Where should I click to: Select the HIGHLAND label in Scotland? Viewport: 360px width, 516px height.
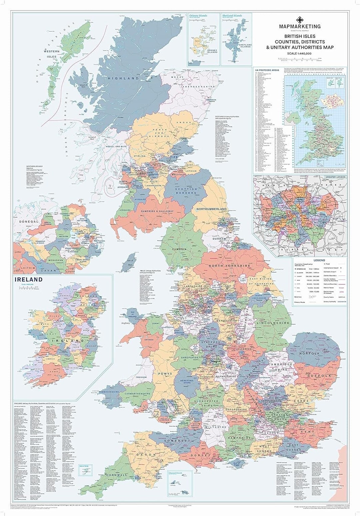tap(123, 78)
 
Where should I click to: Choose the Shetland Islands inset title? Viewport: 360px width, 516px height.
tap(232, 16)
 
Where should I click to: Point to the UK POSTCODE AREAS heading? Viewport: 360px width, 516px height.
tap(266, 70)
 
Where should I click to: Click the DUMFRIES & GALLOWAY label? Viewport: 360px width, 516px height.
tap(159, 211)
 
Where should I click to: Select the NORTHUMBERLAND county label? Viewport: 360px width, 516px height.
tap(212, 209)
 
